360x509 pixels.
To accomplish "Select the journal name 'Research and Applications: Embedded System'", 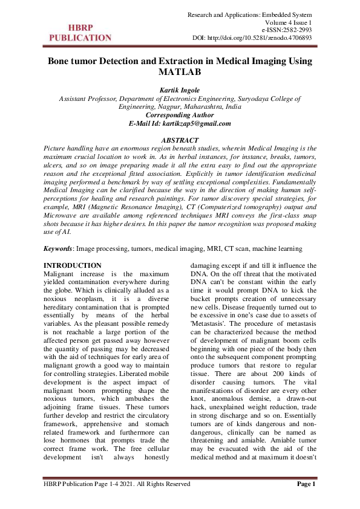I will click(x=250, y=14).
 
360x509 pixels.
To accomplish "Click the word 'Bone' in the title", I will click(x=62, y=61).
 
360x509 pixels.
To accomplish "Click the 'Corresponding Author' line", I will click(x=180, y=114).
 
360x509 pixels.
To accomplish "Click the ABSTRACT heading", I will click(x=180, y=140).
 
